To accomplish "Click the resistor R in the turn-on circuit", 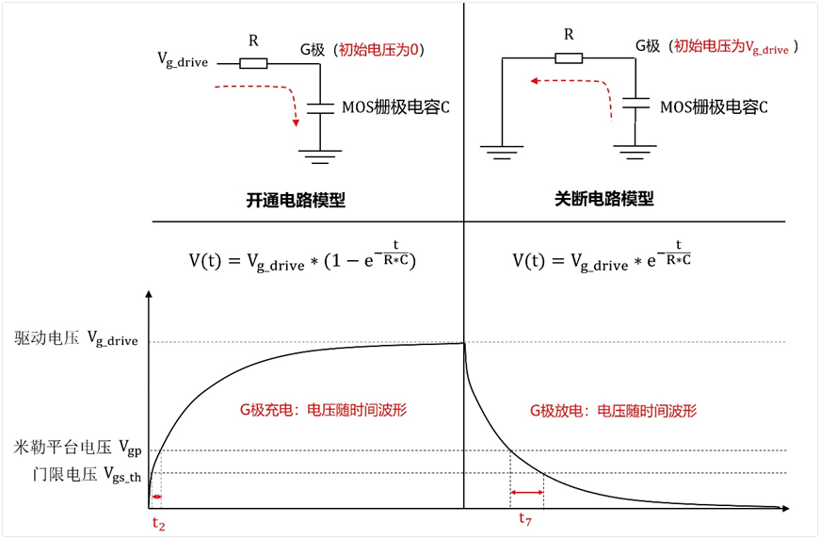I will point(253,64).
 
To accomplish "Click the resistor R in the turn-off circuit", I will point(568,57).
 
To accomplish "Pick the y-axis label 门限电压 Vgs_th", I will point(76,473).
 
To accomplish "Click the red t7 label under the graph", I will point(528,517).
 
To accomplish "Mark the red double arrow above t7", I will point(527,492).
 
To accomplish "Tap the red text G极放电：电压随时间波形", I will point(613,411).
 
